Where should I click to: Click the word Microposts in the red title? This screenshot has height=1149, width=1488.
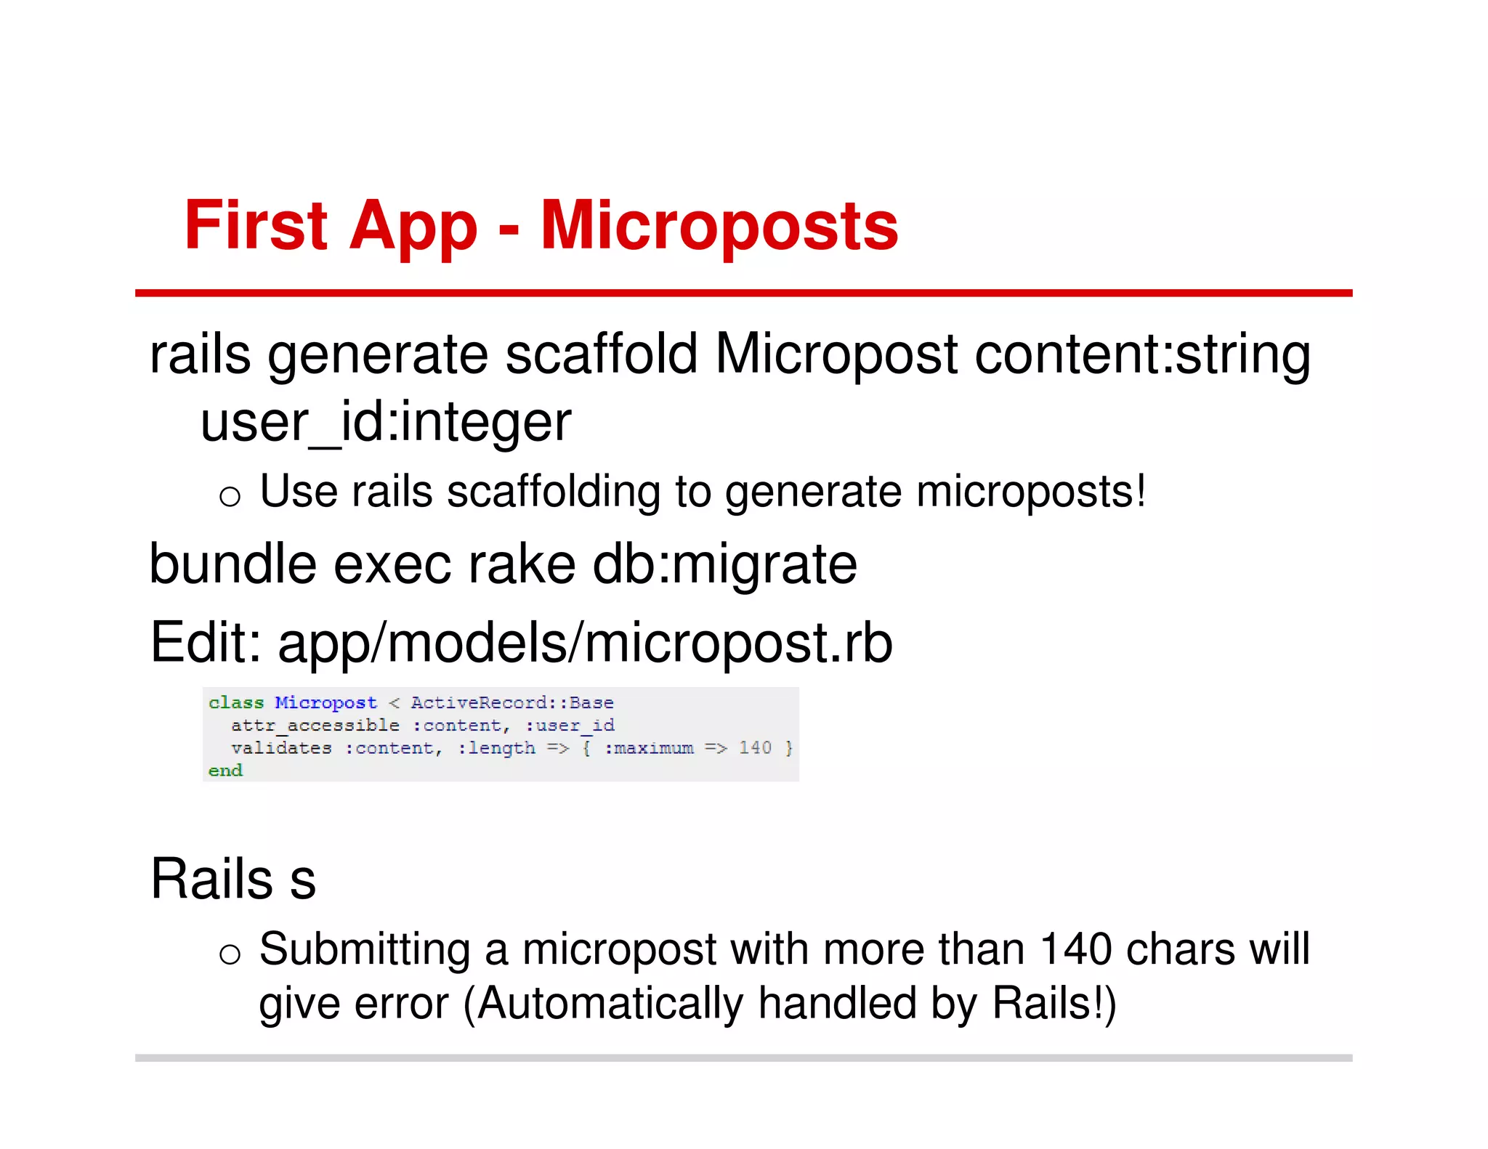pyautogui.click(x=719, y=227)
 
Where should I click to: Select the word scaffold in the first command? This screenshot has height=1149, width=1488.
pyautogui.click(x=601, y=354)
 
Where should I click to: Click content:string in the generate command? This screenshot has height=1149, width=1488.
pyautogui.click(x=1142, y=354)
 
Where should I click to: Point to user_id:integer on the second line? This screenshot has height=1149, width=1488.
pyautogui.click(x=386, y=422)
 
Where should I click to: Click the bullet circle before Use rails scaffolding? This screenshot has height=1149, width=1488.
pyautogui.click(x=230, y=496)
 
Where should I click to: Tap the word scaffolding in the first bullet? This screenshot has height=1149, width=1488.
pyautogui.click(x=554, y=491)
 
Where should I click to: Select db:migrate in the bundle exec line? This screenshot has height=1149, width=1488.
pyautogui.click(x=724, y=564)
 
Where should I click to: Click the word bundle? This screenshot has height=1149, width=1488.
pyautogui.click(x=232, y=564)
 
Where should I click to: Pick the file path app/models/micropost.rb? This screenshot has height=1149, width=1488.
pyautogui.click(x=585, y=643)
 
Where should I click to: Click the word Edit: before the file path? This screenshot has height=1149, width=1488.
pyautogui.click(x=206, y=643)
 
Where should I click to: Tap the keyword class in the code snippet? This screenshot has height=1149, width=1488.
pyautogui.click(x=236, y=702)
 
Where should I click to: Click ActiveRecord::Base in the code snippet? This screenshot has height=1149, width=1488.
pyautogui.click(x=512, y=702)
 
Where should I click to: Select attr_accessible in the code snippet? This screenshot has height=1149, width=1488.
pyautogui.click(x=315, y=725)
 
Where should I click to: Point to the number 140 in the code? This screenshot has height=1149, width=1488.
pyautogui.click(x=755, y=747)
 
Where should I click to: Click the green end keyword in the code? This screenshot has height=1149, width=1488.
pyautogui.click(x=225, y=770)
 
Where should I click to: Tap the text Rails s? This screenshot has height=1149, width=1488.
pyautogui.click(x=232, y=879)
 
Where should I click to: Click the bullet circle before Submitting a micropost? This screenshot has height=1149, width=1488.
pyautogui.click(x=230, y=954)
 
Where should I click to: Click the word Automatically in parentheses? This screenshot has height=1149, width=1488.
pyautogui.click(x=610, y=1004)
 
